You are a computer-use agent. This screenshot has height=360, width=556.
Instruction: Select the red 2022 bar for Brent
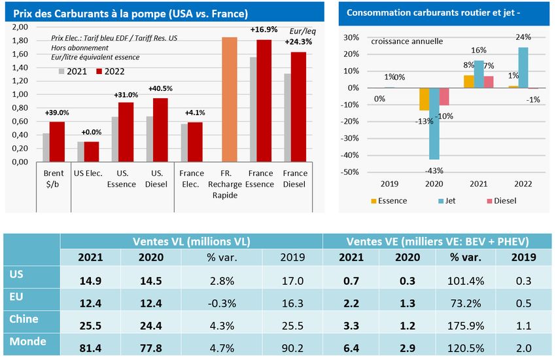(x=57, y=141)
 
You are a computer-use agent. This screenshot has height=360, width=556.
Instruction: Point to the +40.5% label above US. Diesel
(x=160, y=88)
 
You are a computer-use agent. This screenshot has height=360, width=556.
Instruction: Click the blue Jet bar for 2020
(x=433, y=124)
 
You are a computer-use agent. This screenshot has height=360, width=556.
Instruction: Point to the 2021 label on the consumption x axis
(x=476, y=185)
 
